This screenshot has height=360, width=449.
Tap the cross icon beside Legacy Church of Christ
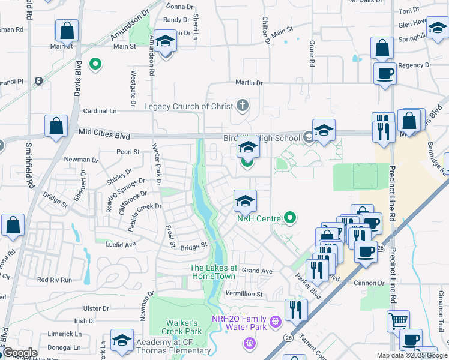[243, 106]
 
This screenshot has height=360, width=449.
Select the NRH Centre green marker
[291, 218]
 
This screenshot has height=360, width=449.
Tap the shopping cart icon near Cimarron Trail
[397, 320]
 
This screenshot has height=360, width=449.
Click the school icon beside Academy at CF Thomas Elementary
[122, 340]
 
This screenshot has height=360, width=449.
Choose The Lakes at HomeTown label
[214, 271]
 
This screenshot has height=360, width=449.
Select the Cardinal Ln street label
[100, 111]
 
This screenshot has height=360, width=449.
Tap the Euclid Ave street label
[122, 245]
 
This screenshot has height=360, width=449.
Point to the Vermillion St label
[243, 294]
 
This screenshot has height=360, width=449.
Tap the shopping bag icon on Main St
[67, 30]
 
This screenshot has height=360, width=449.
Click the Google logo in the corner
[19, 353]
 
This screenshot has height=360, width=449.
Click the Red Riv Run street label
[54, 280]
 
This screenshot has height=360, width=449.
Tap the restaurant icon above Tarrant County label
[296, 309]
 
